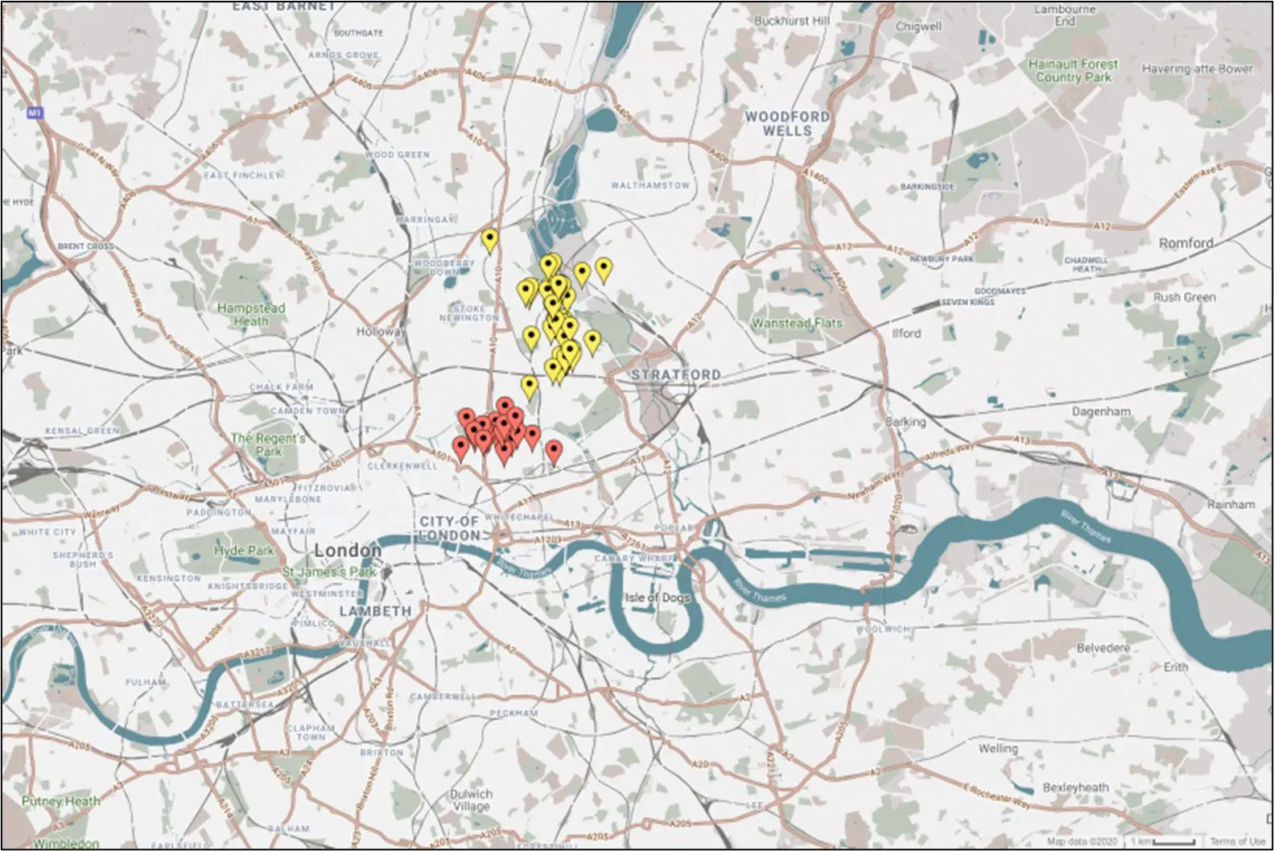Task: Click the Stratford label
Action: (x=675, y=374)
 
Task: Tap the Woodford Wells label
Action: (x=786, y=123)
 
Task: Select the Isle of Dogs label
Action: (x=652, y=597)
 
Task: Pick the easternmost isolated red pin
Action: (x=553, y=451)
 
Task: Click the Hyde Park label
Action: (x=243, y=551)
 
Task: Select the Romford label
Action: (x=1185, y=242)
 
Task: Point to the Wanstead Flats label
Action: (x=797, y=323)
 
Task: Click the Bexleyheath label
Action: (x=1074, y=787)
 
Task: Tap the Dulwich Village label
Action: (x=470, y=799)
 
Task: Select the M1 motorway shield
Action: (x=34, y=114)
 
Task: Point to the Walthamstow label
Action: (x=649, y=185)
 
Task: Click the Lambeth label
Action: (x=374, y=611)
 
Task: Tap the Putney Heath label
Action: (x=61, y=801)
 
